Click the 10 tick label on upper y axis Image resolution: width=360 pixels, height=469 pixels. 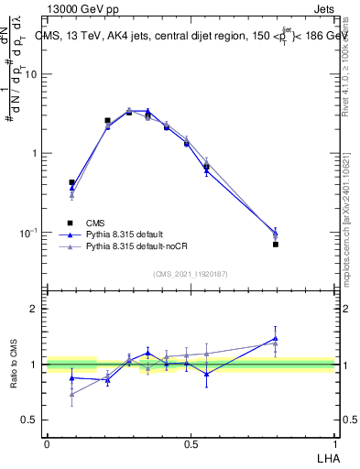(29, 74)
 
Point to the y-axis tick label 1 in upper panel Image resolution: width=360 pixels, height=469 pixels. (34, 153)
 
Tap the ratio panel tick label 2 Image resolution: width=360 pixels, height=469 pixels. (34, 310)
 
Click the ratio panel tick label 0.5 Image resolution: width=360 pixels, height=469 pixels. (29, 420)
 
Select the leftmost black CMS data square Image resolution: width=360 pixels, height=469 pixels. (72, 182)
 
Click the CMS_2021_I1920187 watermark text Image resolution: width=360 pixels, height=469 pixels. (191, 274)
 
